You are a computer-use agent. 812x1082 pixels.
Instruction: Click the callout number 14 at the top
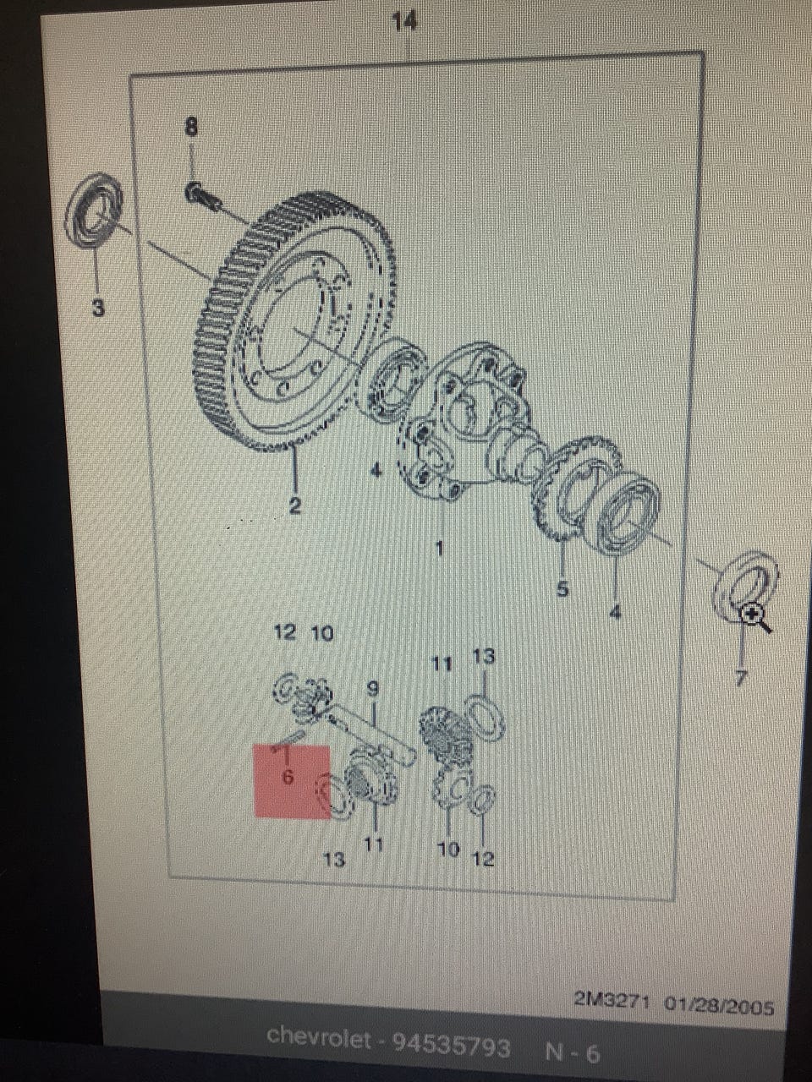click(404, 22)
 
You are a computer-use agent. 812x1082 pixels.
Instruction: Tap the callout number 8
click(191, 127)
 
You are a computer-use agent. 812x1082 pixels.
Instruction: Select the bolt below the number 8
click(203, 198)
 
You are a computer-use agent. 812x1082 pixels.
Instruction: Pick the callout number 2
click(294, 505)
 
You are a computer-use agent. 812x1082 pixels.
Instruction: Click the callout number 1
click(439, 548)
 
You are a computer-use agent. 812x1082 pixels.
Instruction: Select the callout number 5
click(562, 588)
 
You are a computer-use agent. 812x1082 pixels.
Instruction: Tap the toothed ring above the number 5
click(576, 488)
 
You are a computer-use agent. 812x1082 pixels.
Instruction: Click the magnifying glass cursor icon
click(757, 618)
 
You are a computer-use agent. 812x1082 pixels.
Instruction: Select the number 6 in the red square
click(288, 776)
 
